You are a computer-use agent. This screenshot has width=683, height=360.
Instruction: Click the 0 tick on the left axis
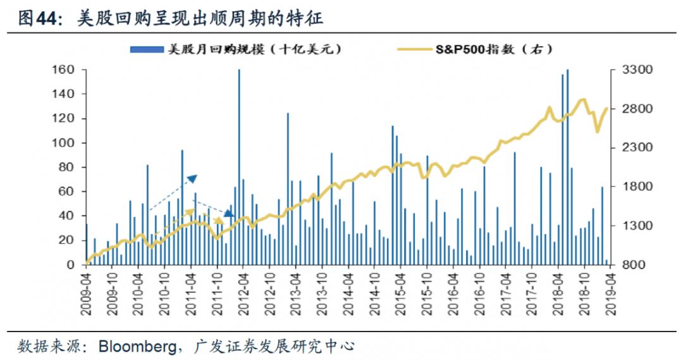[x=71, y=265]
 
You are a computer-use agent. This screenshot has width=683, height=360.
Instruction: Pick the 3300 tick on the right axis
[x=631, y=70]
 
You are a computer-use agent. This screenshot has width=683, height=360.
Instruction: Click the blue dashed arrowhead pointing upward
[x=192, y=178]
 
